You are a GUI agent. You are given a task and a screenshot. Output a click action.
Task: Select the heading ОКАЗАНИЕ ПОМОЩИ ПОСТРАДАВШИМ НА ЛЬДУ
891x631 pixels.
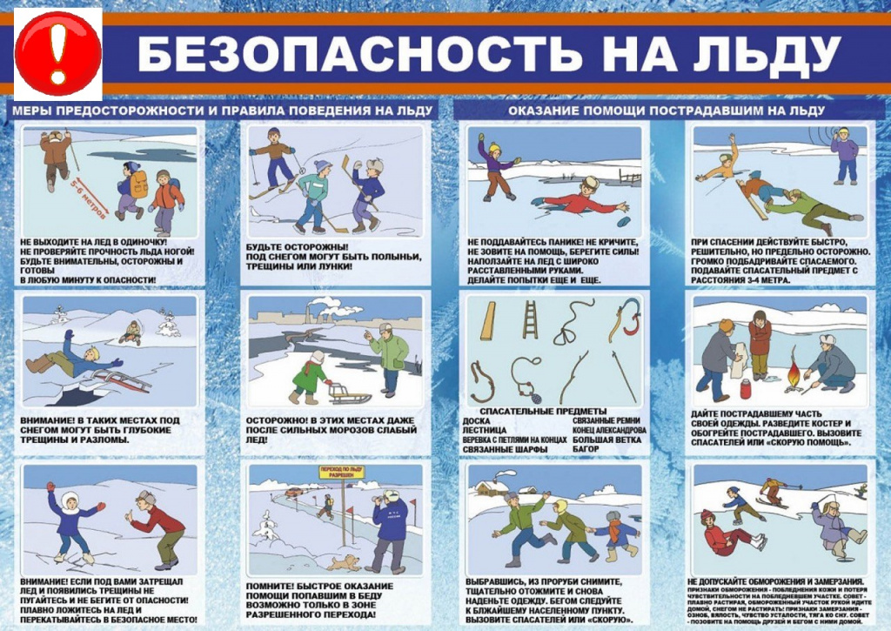pos(667,111)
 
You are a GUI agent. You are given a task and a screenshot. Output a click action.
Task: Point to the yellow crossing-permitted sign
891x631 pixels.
pos(341,471)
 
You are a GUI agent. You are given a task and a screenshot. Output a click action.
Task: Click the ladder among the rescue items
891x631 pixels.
pos(530,319)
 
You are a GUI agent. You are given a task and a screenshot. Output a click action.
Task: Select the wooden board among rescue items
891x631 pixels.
pos(488,321)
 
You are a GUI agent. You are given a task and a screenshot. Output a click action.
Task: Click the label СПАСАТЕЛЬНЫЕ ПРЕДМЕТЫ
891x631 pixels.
pos(538,412)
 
